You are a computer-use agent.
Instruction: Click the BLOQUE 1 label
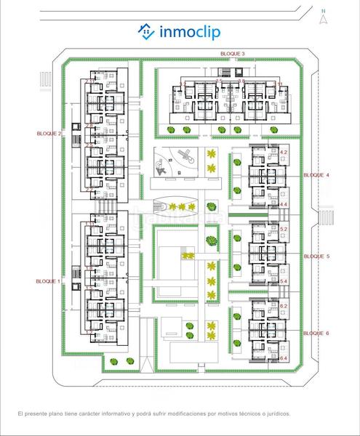[49, 280]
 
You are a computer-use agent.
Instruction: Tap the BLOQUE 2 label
[49, 134]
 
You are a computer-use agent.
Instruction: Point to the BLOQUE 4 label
[316, 176]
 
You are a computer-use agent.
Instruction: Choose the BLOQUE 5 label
[316, 257]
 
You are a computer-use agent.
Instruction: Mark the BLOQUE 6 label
[316, 333]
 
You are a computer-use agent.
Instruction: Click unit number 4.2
[284, 152]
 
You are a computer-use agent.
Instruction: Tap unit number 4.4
[284, 205]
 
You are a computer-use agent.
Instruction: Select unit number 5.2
[284, 229]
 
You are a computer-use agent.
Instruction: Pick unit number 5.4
[284, 281]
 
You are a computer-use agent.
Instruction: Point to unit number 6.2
[284, 306]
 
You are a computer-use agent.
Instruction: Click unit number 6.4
[284, 358]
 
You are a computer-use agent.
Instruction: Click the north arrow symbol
[323, 18]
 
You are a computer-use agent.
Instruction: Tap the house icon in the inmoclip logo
[145, 31]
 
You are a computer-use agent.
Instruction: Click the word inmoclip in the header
[191, 31]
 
